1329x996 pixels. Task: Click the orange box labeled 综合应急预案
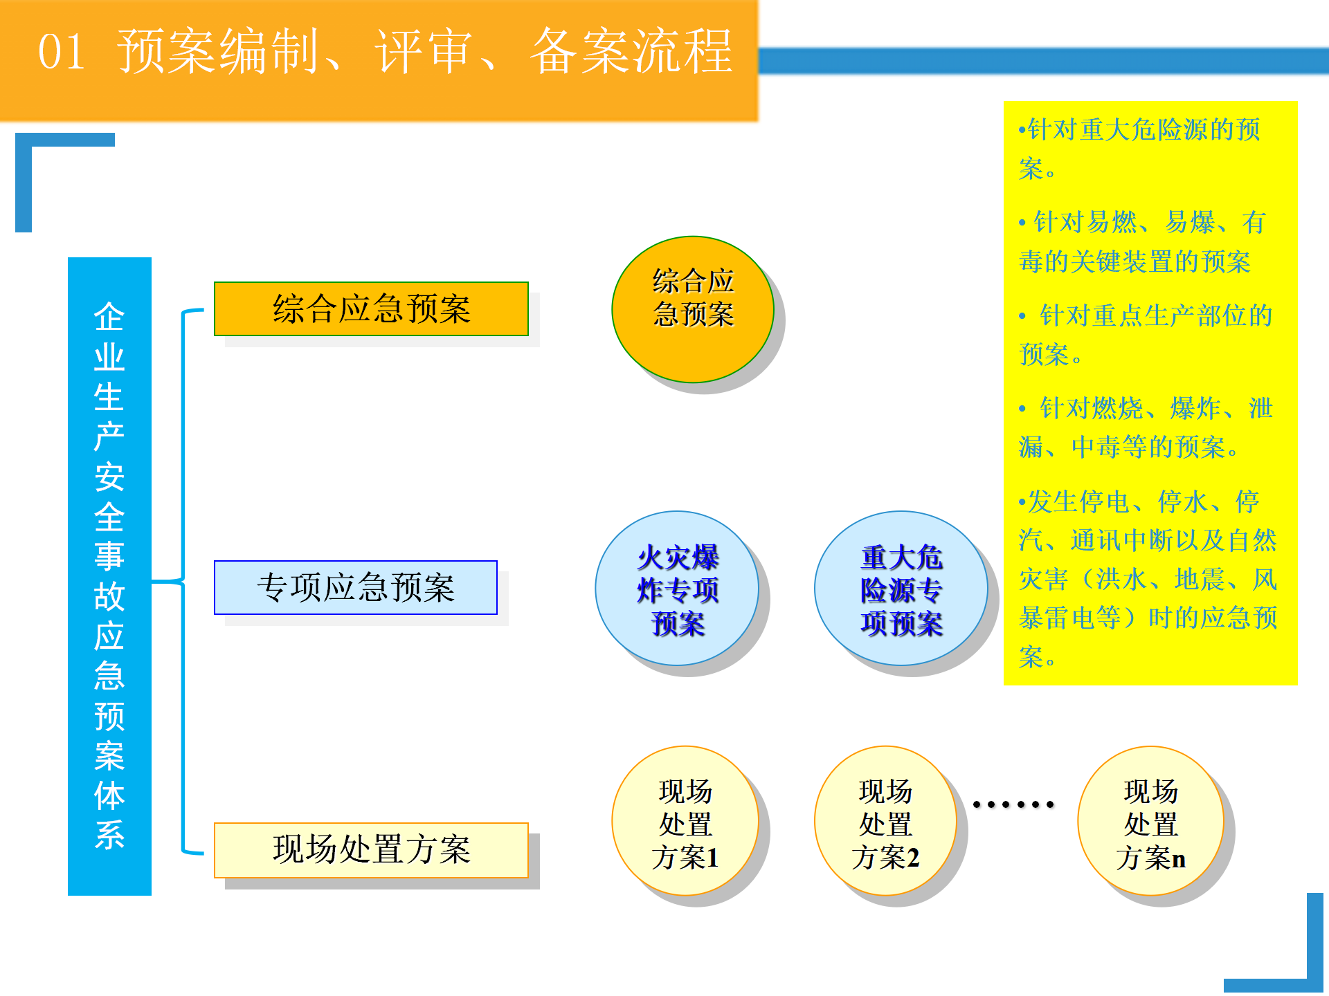coord(371,308)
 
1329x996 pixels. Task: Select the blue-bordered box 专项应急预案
coord(356,587)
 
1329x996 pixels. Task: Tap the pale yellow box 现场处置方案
coord(371,850)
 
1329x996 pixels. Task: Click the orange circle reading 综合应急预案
coord(693,309)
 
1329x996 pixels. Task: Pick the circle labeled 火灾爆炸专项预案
coord(677,589)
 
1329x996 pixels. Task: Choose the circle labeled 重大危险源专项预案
coord(901,589)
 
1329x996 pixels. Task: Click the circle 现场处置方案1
coord(685,821)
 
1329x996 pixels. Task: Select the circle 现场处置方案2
coord(886,821)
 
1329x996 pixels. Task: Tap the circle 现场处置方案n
coord(1150,821)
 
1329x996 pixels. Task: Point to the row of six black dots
coord(1013,804)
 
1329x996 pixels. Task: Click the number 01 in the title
coord(62,53)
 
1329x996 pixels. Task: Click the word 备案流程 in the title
coord(631,51)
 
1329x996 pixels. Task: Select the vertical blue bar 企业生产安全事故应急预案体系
coord(109,576)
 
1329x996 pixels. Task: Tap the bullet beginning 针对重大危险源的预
coord(1139,149)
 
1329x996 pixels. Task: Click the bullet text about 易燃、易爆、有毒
coord(1142,242)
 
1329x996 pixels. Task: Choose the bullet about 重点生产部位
coord(1146,335)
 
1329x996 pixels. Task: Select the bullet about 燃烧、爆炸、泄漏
coord(1146,427)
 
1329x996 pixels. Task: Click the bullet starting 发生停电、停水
coord(1148,579)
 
